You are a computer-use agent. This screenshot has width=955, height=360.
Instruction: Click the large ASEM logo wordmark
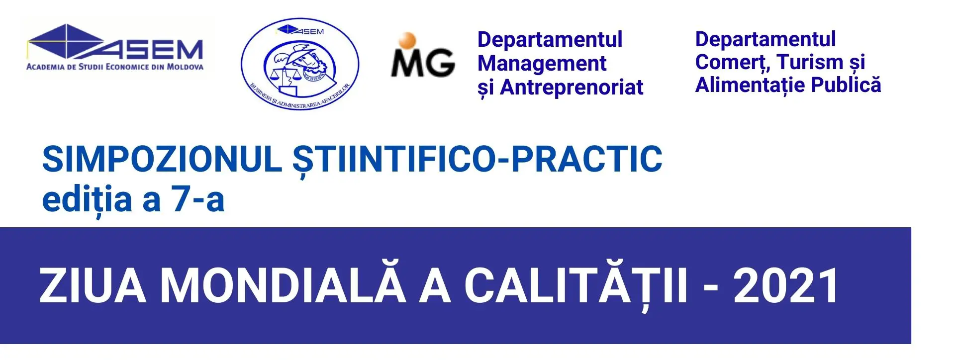115,42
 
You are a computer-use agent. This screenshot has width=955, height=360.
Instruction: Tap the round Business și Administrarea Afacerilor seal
300,64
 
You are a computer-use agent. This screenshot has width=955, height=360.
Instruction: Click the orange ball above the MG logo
407,40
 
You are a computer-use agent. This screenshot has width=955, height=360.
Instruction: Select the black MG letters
423,62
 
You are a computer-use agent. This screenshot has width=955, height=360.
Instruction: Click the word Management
542,64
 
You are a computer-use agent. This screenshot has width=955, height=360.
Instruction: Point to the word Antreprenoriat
572,88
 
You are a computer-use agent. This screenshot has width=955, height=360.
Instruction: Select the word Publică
846,85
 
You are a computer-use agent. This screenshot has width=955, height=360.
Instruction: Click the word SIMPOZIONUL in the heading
162,159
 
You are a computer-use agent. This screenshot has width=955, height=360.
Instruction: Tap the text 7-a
198,200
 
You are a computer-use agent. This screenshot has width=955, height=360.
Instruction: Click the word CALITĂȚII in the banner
576,285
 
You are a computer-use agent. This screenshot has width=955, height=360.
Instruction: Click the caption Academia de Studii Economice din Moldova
115,67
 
